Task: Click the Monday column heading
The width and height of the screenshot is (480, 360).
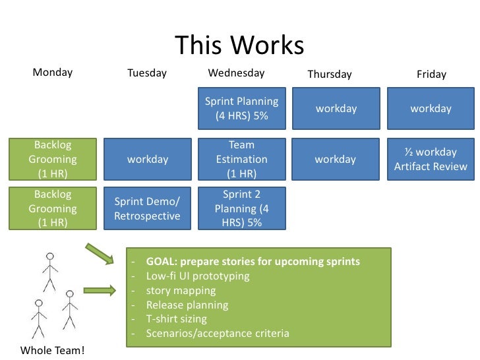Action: [x=53, y=73]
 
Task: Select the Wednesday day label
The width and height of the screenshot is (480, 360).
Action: [x=236, y=73]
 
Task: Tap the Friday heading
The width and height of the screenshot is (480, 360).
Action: [x=431, y=75]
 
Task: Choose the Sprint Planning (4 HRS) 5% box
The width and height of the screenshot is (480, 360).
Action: [x=242, y=109]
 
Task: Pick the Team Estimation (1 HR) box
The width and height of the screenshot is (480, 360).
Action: [x=242, y=159]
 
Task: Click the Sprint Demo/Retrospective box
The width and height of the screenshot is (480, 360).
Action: [x=147, y=209]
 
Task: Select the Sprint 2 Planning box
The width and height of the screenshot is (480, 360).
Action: [x=242, y=208]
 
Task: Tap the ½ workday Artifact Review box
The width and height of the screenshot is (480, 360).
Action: [x=431, y=159]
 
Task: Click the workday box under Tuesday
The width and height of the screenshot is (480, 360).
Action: [x=148, y=159]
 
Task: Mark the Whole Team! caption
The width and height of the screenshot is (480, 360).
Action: [x=53, y=350]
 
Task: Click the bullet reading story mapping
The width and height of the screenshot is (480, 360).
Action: [x=181, y=290]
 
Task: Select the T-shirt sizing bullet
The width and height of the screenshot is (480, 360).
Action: [x=176, y=318]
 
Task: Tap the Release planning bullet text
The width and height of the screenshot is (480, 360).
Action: [x=187, y=305]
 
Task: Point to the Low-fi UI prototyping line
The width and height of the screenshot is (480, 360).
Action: [x=198, y=276]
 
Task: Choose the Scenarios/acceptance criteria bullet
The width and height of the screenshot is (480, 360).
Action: [x=218, y=333]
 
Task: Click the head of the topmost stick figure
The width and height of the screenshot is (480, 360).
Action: [x=50, y=256]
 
